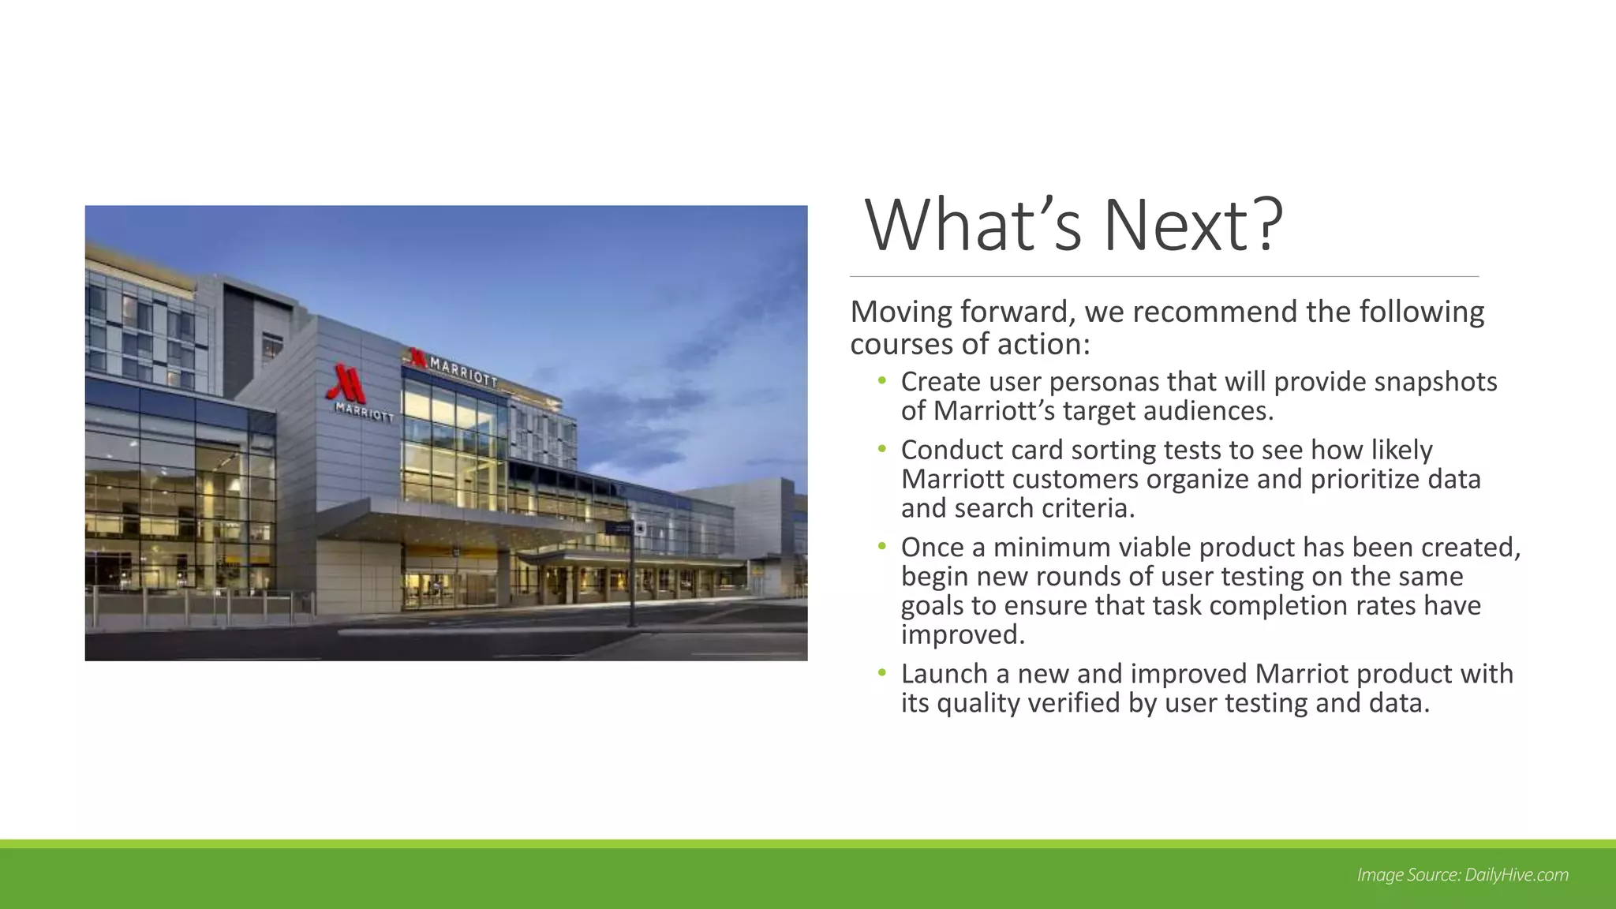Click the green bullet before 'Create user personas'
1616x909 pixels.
point(882,381)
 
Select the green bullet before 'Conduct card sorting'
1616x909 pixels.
point(882,449)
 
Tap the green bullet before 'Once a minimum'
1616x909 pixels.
point(882,546)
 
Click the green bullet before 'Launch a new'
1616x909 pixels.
point(882,673)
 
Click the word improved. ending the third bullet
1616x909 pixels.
point(963,634)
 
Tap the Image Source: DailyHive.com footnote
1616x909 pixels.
point(1462,874)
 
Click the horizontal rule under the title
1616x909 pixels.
point(1164,277)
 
